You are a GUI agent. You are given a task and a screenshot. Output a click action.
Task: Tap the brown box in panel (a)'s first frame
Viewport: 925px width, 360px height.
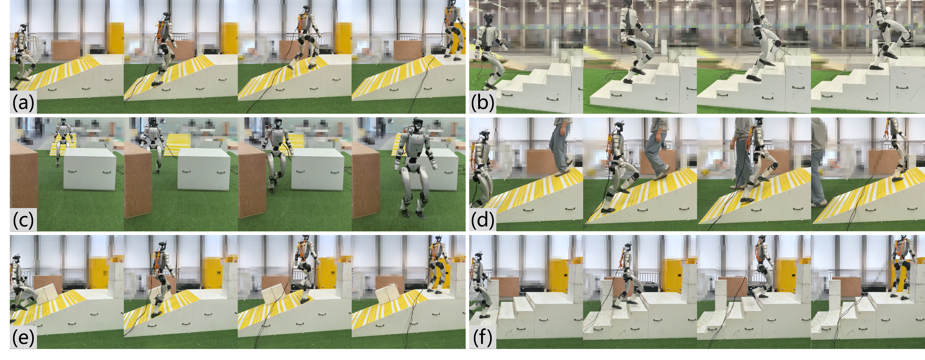coord(66,49)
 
